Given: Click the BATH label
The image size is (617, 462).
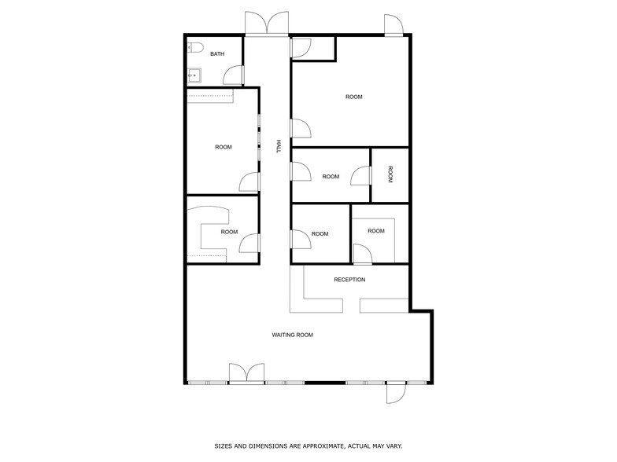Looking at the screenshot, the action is tap(217, 53).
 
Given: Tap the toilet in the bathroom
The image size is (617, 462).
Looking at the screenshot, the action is tap(194, 47).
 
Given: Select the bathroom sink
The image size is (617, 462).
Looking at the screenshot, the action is tap(194, 75).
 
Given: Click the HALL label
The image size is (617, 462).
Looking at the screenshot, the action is tap(279, 146).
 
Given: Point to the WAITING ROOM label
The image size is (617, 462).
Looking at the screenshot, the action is tap(293, 335).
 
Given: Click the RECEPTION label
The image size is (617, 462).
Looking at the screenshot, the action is tap(349, 280).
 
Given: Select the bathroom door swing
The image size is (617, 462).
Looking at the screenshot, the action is tap(233, 75).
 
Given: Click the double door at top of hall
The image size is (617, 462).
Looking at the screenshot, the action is tap(267, 23).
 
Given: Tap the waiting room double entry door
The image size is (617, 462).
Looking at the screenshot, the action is tap(247, 372).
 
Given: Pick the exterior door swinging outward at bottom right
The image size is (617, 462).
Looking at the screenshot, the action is tap(396, 393).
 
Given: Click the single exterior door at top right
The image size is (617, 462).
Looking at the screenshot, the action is tap(393, 25).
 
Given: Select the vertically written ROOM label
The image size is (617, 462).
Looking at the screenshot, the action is tap(390, 174).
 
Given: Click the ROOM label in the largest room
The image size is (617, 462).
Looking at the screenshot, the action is tap(354, 97).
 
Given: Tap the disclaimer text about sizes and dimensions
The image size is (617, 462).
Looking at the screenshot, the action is tap(308, 446).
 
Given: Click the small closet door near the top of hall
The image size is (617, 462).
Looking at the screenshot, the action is tap(301, 49).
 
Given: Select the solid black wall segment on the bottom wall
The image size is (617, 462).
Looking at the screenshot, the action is tap(325, 383).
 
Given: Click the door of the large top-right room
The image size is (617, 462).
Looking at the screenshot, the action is tap(301, 128).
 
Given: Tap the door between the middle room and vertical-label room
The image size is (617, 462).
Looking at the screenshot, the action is tap(360, 176).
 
